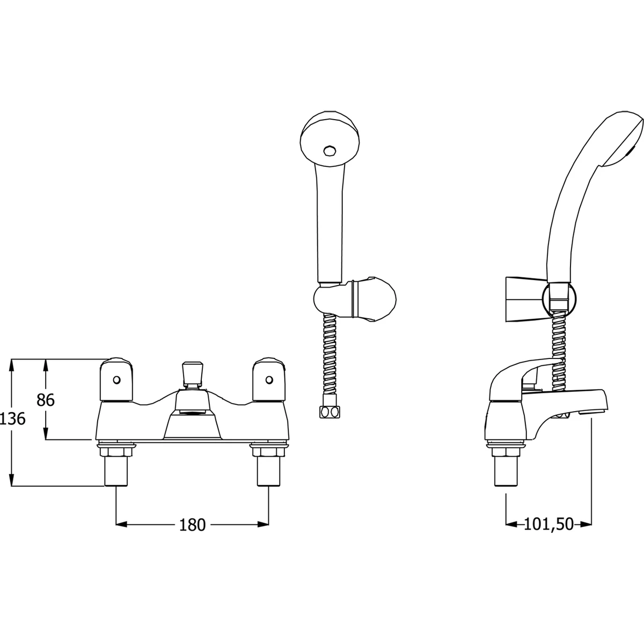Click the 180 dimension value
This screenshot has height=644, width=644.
coord(193,525)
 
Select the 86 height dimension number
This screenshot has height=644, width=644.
coord(46,400)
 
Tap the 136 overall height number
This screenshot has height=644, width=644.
coord(13,419)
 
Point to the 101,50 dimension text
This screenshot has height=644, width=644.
coord(548,524)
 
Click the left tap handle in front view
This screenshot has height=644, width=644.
coord(116,380)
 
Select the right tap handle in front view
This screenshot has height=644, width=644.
coord(269,380)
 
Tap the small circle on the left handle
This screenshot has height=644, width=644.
coord(116,380)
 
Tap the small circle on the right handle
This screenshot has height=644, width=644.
coord(269,380)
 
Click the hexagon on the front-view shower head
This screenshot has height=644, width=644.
coord(329,150)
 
